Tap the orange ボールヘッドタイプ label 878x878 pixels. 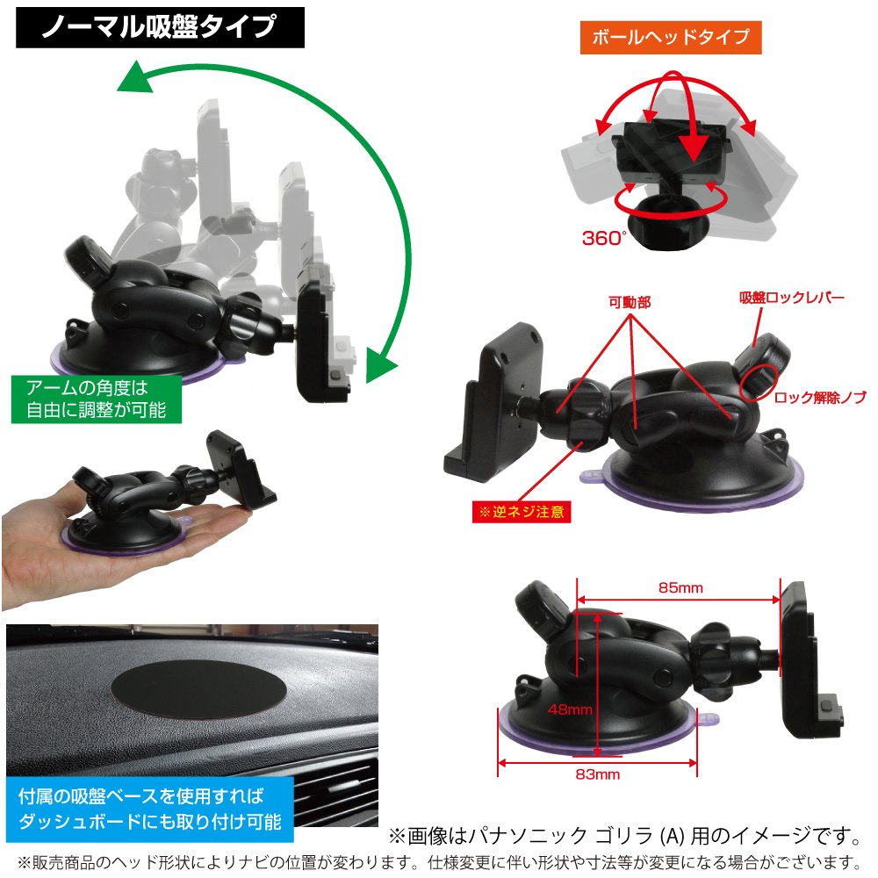(671, 37)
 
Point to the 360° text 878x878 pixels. (604, 237)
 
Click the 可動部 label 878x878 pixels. (630, 303)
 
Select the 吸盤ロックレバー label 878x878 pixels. (791, 298)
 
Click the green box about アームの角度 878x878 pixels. (96, 399)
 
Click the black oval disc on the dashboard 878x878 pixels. (199, 683)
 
